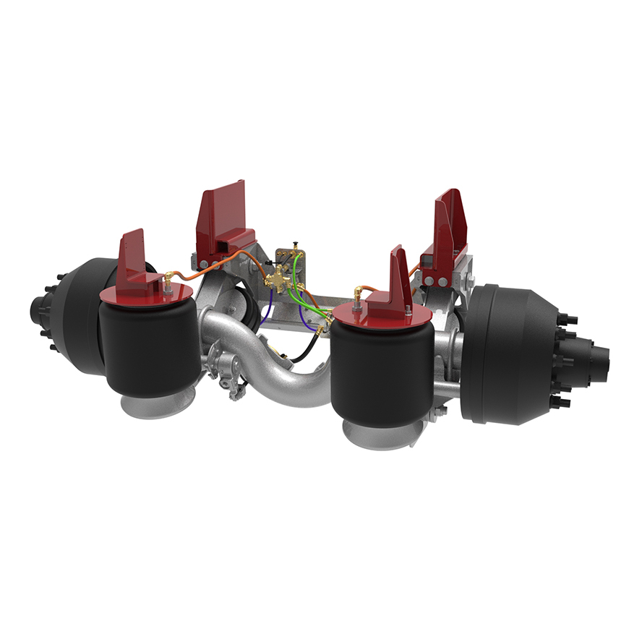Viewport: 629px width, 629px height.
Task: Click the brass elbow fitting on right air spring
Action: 357,293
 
